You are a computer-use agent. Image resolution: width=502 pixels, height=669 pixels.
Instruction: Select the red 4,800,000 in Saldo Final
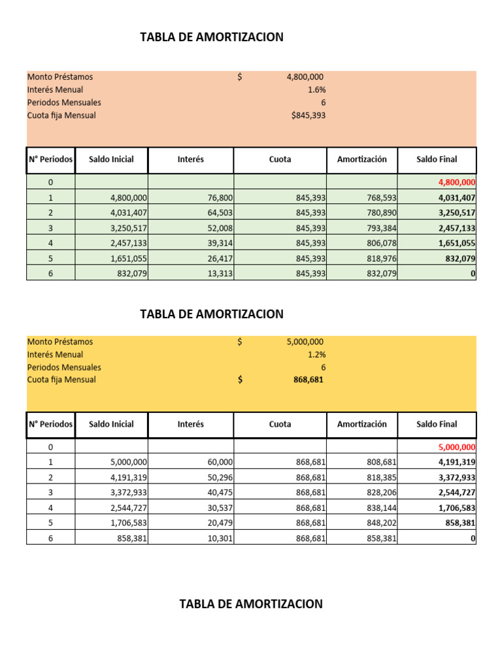[x=457, y=182]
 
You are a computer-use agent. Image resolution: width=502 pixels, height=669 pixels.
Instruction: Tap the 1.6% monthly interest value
[x=316, y=90]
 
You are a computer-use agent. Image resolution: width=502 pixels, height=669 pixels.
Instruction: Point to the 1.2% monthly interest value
[x=316, y=354]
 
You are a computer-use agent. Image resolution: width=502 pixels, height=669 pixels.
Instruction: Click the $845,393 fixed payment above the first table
[x=308, y=116]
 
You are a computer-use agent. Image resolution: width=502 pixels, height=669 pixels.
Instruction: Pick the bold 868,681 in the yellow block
[x=309, y=380]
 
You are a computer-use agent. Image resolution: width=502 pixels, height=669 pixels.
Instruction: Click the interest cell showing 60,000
[x=220, y=462]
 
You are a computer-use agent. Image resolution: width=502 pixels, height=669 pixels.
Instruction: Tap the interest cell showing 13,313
[x=219, y=273]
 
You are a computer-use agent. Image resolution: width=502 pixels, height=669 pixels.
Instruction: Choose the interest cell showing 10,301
[x=219, y=538]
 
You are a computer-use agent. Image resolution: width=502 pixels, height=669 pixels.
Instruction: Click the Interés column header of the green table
[x=190, y=159]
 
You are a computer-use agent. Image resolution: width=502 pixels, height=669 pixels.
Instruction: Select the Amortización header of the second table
[x=361, y=424]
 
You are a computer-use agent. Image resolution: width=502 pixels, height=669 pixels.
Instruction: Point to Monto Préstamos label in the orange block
[x=60, y=77]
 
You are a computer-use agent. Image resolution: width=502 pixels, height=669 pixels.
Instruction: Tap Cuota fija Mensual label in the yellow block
[x=61, y=380]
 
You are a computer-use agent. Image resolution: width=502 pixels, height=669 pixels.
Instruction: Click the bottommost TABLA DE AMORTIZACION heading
[x=251, y=604]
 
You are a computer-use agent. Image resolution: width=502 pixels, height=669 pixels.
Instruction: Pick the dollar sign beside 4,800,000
[x=240, y=77]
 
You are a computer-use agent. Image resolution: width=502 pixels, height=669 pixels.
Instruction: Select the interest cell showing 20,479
[x=219, y=523]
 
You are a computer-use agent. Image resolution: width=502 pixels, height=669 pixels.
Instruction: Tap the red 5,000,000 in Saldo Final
[x=457, y=447]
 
